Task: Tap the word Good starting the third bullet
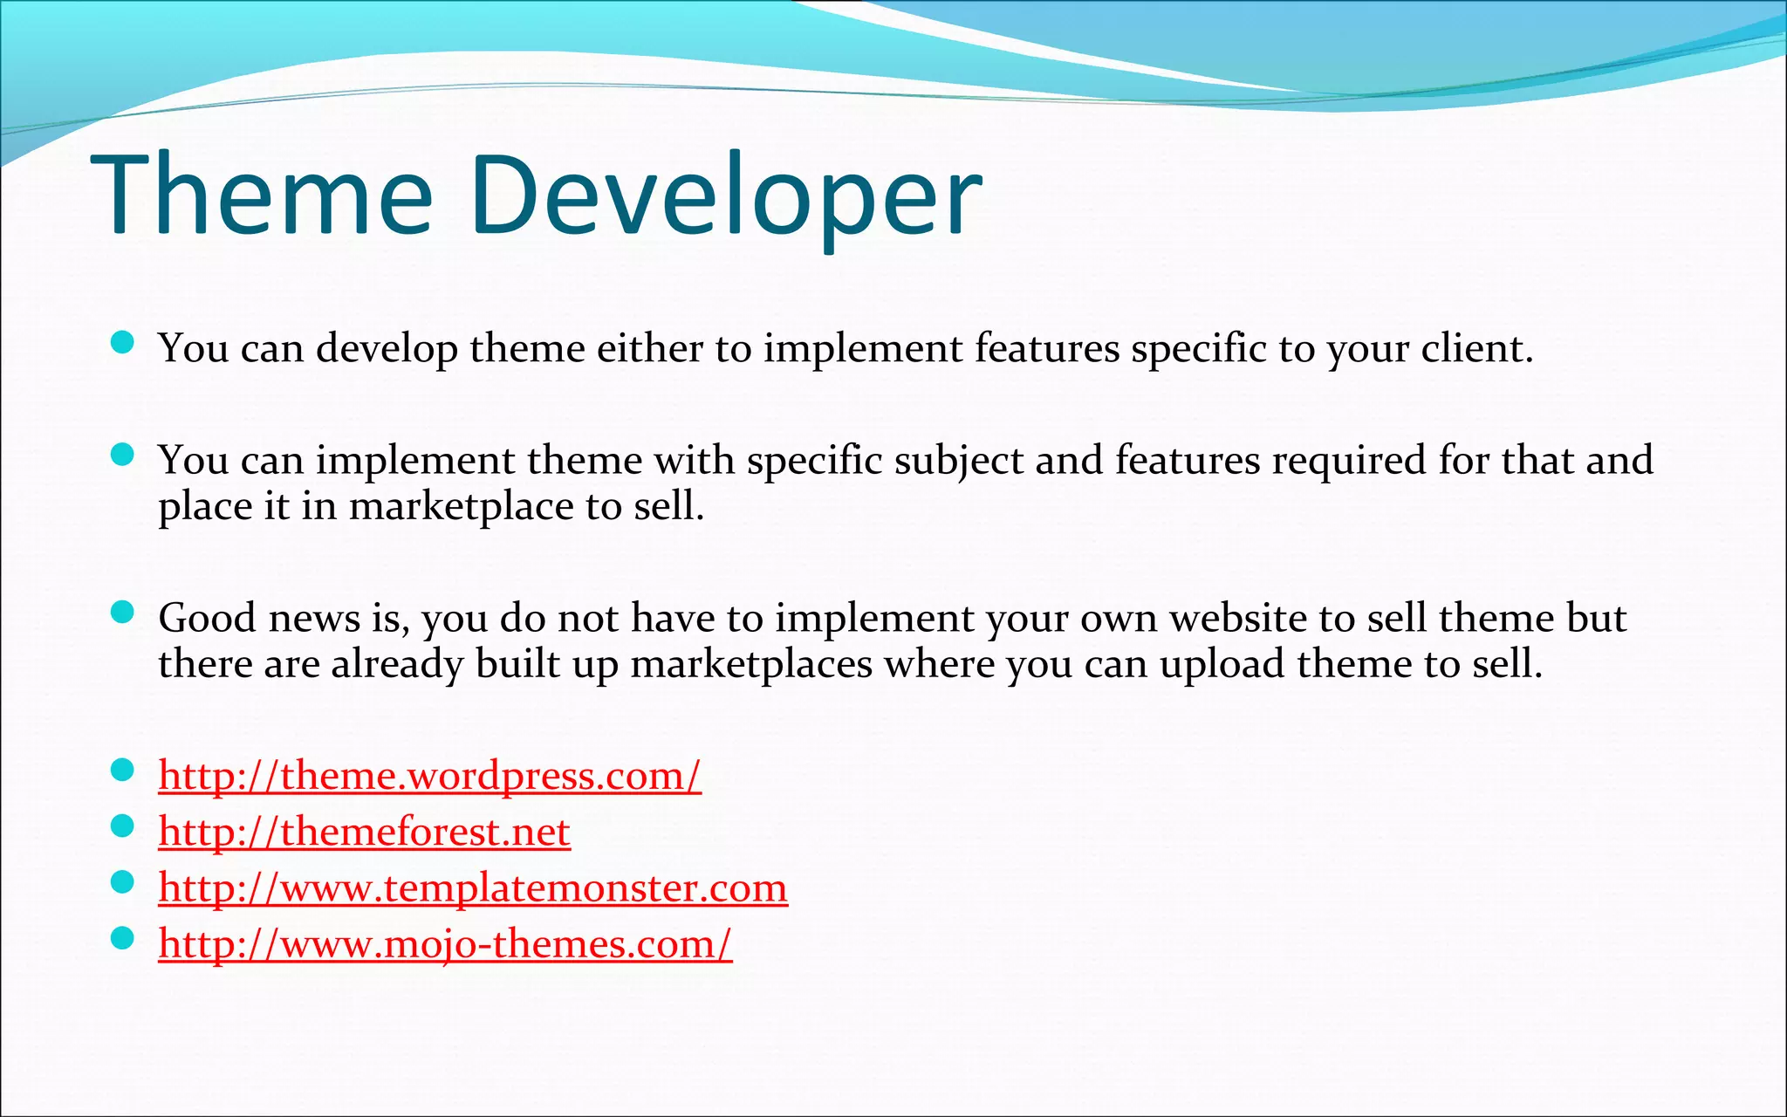click(207, 618)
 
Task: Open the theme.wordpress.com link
click(429, 776)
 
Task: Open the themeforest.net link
click(364, 832)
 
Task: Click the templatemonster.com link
click(473, 888)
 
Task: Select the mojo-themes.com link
click(445, 944)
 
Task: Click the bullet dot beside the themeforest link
click(123, 826)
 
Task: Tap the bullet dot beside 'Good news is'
click(123, 612)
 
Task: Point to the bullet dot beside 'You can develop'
click(123, 342)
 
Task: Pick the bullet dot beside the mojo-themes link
click(123, 938)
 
